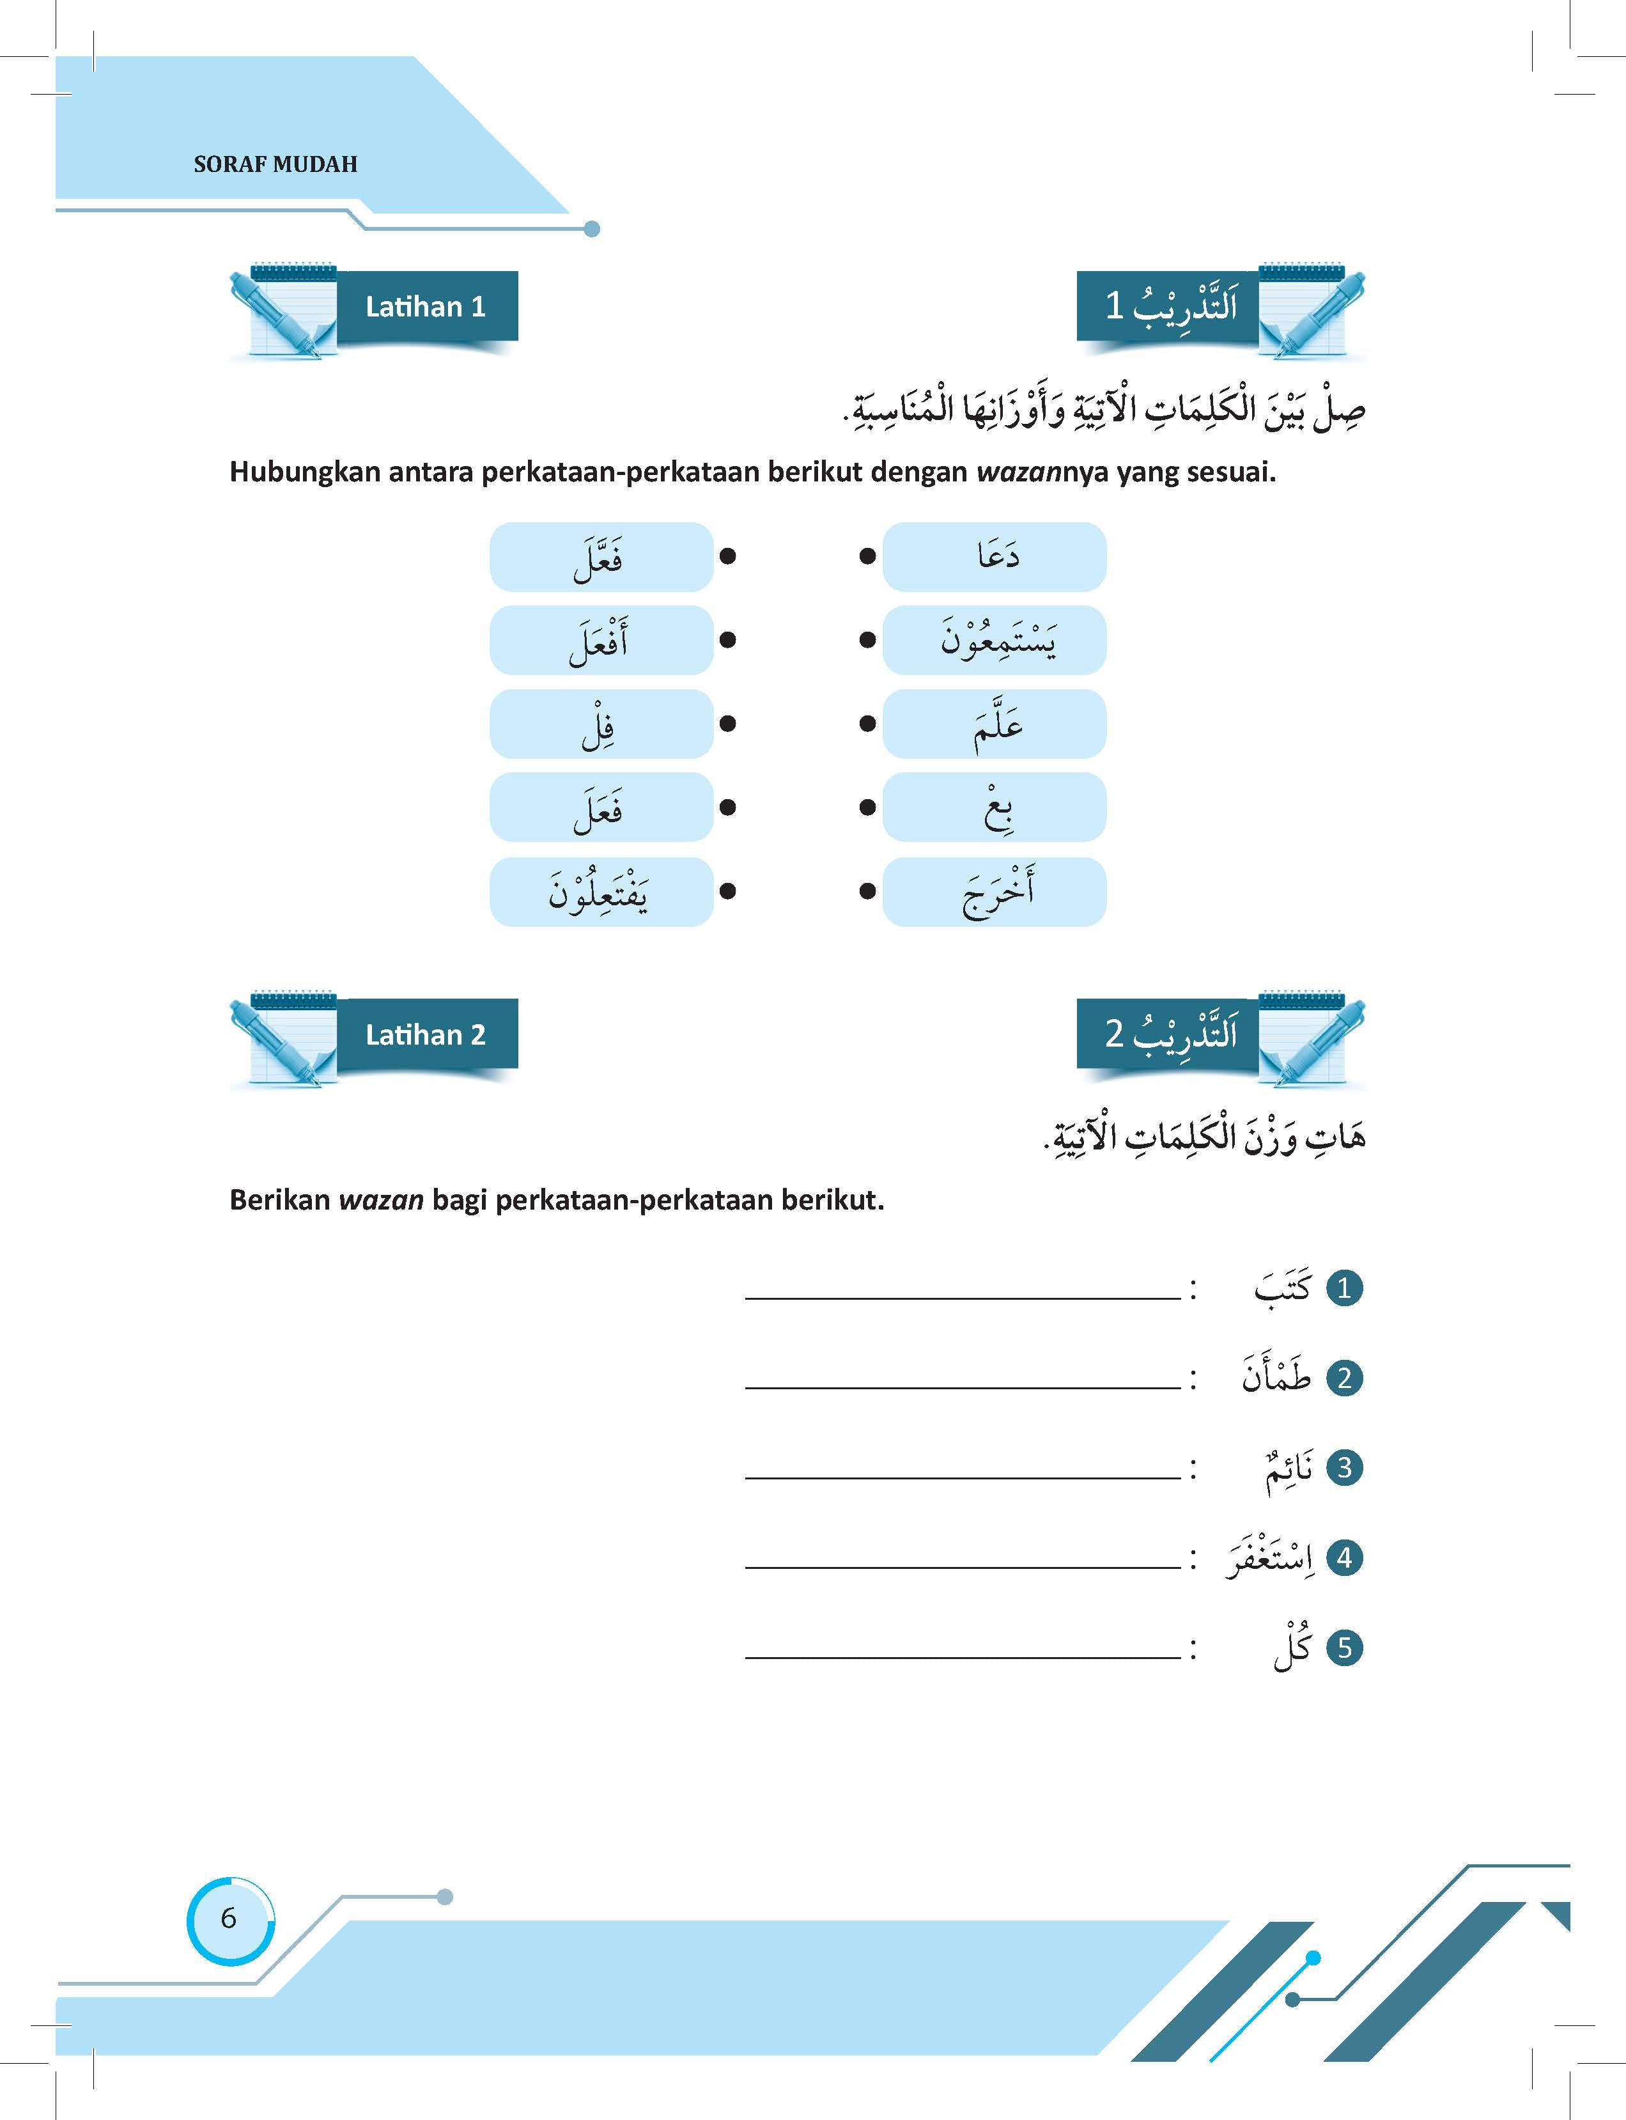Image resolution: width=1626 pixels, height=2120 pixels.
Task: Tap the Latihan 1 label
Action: pos(425,307)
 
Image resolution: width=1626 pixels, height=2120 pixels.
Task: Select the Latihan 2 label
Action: pos(425,1035)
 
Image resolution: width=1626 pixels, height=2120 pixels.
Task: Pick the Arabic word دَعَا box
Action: pos(994,557)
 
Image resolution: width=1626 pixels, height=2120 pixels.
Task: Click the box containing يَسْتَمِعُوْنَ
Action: pos(994,640)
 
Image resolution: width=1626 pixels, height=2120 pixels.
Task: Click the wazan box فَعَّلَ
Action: pos(600,557)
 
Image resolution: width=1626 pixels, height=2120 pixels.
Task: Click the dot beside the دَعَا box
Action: pos(868,557)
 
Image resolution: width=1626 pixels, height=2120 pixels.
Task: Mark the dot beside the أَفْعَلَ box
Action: pos(728,640)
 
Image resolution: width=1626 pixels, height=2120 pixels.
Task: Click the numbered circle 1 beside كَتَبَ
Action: pos(1343,1288)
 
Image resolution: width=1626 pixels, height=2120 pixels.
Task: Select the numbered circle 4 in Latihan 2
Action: pos(1343,1557)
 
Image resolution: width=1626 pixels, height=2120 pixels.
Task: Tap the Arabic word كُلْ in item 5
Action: pos(1291,1648)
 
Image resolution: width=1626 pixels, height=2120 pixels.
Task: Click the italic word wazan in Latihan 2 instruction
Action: pos(380,1201)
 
